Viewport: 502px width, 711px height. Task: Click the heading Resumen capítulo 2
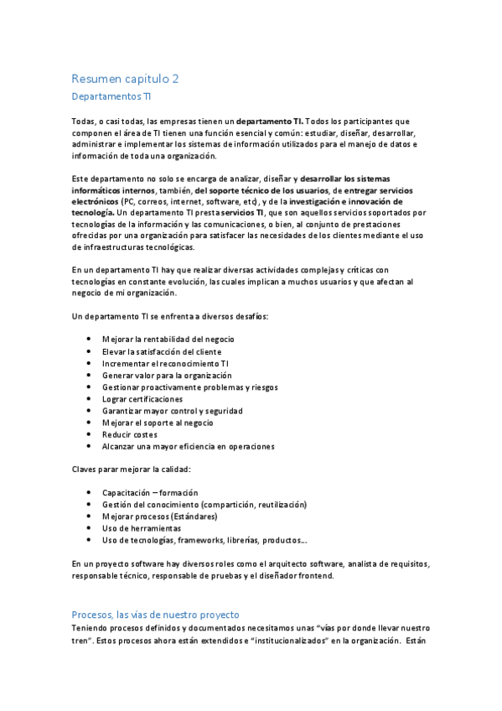click(125, 79)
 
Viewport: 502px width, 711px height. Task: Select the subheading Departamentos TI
click(111, 97)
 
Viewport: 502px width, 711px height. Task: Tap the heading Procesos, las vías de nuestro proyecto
click(155, 615)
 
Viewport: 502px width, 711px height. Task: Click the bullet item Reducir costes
click(129, 434)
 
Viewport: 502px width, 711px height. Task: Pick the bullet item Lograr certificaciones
click(142, 399)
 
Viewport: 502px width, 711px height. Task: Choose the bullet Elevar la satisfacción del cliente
click(162, 351)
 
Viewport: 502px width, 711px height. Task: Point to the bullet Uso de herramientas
click(141, 528)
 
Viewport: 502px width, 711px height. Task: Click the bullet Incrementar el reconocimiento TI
click(165, 363)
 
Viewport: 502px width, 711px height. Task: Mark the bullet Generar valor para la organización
click(167, 375)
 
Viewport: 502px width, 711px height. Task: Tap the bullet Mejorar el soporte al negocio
click(158, 423)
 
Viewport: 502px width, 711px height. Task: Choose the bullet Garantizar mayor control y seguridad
click(172, 411)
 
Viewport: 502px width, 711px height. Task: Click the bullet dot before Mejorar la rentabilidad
click(89, 340)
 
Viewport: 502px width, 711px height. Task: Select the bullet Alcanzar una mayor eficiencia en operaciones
click(188, 447)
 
